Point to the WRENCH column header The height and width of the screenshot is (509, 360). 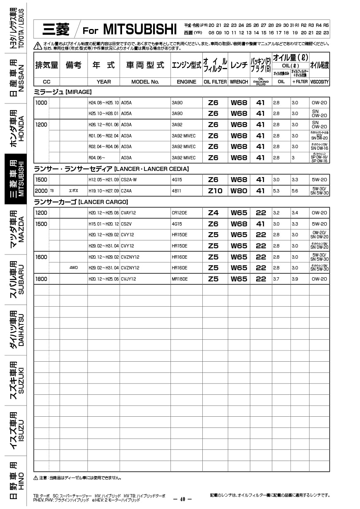pos(239,82)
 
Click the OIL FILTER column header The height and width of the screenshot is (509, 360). pos(215,82)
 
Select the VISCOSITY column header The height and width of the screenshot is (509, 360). pos(319,82)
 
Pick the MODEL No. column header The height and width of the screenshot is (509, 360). pos(145,82)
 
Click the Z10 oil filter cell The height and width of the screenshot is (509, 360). pos(215,191)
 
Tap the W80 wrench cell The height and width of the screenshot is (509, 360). pos(239,191)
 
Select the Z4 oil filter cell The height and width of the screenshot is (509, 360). pos(213,213)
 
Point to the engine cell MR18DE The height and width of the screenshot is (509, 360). pos(179,279)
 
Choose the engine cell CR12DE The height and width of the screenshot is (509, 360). pos(179,213)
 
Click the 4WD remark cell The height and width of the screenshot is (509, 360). pos(74,268)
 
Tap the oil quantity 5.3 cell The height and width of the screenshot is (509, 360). pos(276,191)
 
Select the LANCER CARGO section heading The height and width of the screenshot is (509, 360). pos(81,202)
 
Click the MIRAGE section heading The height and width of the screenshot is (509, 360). pos(62,91)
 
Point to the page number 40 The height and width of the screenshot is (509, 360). pos(182,499)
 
